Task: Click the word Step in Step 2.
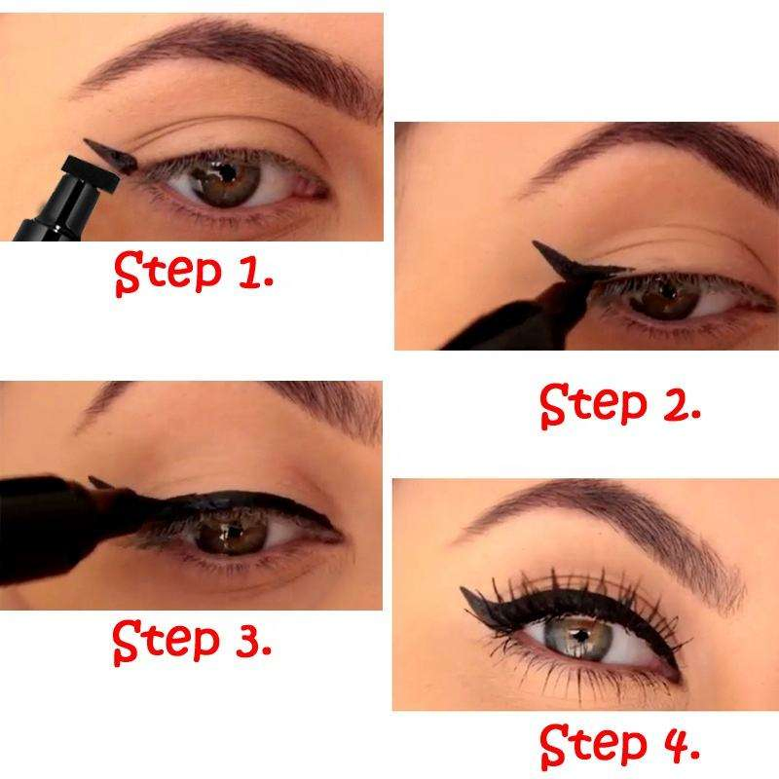point(593,405)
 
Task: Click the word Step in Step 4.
point(593,746)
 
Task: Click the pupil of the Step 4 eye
point(580,635)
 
